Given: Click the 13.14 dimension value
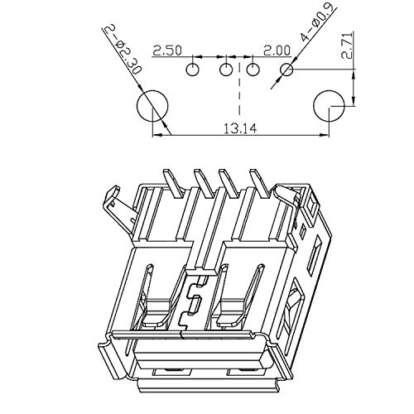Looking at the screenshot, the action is [x=240, y=129].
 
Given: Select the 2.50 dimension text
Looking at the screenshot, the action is [x=167, y=51].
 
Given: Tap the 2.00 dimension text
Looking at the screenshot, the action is [x=277, y=51].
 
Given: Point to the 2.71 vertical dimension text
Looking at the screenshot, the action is [x=347, y=46].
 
